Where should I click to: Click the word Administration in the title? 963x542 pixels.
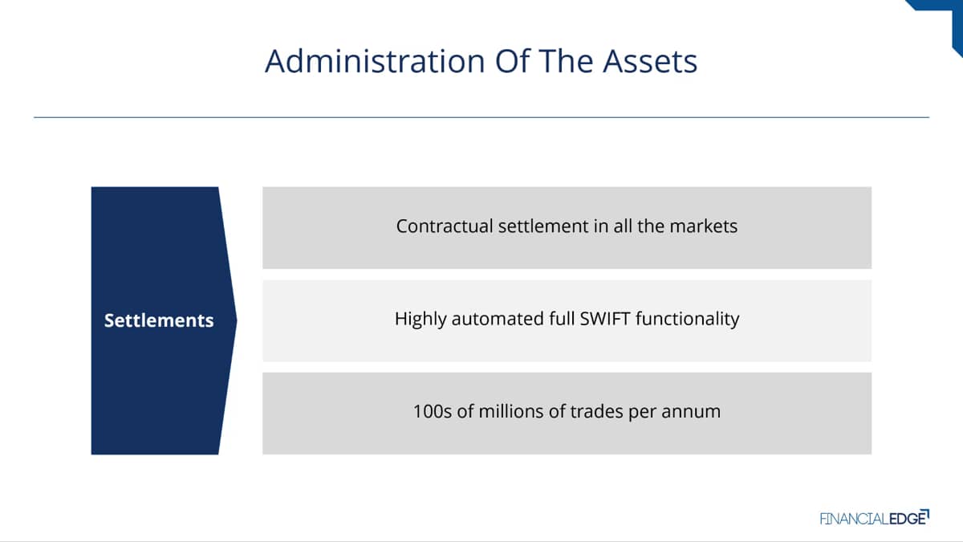(375, 61)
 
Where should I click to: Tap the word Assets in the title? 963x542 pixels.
(650, 61)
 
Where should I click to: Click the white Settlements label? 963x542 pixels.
(159, 320)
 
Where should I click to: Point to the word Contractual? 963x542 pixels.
(445, 226)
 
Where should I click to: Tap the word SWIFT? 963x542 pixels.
(605, 319)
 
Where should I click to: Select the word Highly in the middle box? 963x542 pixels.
(421, 320)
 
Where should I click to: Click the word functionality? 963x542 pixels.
(688, 320)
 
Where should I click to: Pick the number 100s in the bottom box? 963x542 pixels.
(433, 411)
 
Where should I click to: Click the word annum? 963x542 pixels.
(691, 412)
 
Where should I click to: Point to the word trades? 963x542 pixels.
(597, 411)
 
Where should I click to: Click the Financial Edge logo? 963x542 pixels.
(875, 517)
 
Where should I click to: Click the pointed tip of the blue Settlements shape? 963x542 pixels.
(237, 320)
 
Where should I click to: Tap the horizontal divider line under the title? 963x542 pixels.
(481, 117)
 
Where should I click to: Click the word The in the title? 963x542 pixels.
(567, 61)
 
